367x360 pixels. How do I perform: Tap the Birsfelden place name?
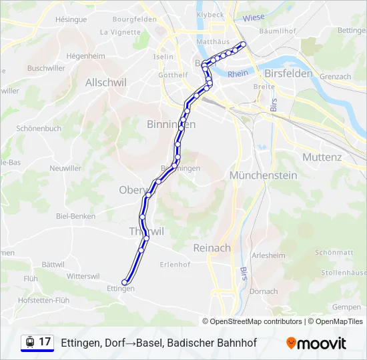288,73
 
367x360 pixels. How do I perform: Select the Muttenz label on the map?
322,157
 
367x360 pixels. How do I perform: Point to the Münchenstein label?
262,175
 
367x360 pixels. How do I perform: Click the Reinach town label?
212,248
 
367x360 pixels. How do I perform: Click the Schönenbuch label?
39,128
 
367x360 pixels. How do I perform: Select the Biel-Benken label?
75,216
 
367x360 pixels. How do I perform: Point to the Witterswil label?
83,276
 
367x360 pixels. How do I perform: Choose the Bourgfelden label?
134,19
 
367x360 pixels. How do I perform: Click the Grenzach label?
335,77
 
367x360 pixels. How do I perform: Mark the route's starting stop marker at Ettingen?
125,282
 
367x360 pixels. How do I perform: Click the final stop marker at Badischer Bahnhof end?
243,45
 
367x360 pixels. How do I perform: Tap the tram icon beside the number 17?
30,342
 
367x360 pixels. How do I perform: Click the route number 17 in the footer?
45,342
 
